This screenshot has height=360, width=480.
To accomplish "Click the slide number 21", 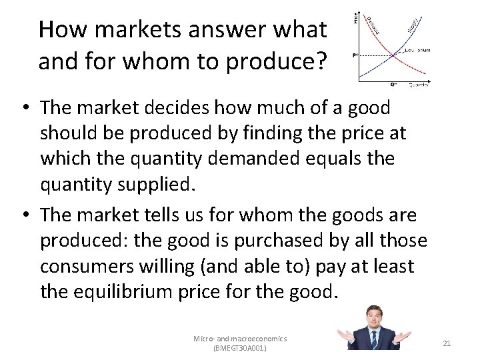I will pos(447,343).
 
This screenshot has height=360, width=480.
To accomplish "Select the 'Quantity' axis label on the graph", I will pos(418,85).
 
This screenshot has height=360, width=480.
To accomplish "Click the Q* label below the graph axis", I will pos(393,85).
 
